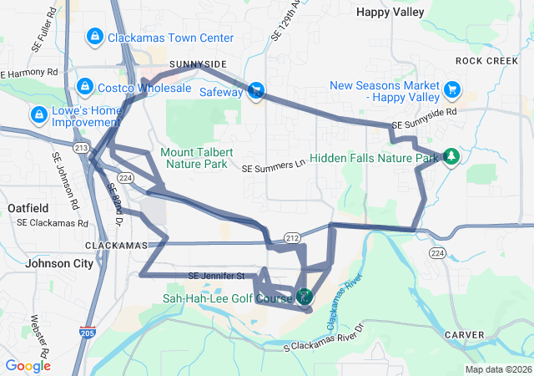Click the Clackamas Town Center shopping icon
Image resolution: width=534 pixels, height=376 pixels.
(94, 37)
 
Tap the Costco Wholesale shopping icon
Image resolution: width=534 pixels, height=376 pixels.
(84, 87)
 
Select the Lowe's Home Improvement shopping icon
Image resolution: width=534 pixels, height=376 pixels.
(38, 114)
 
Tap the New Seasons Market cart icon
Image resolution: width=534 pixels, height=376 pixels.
(452, 89)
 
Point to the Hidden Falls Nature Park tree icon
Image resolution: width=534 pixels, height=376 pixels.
(451, 156)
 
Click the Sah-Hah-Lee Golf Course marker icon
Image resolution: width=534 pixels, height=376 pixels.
(305, 296)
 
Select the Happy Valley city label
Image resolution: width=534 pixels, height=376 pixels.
(390, 12)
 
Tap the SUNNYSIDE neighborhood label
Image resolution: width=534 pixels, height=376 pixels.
(198, 64)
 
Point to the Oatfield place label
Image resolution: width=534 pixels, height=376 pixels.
(27, 207)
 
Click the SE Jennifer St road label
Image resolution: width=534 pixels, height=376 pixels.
(216, 276)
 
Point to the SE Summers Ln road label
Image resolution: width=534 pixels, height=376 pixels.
(275, 167)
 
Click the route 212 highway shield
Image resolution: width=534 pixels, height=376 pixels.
(292, 239)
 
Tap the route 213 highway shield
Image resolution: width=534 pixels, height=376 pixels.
(81, 148)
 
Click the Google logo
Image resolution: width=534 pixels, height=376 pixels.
(28, 366)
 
